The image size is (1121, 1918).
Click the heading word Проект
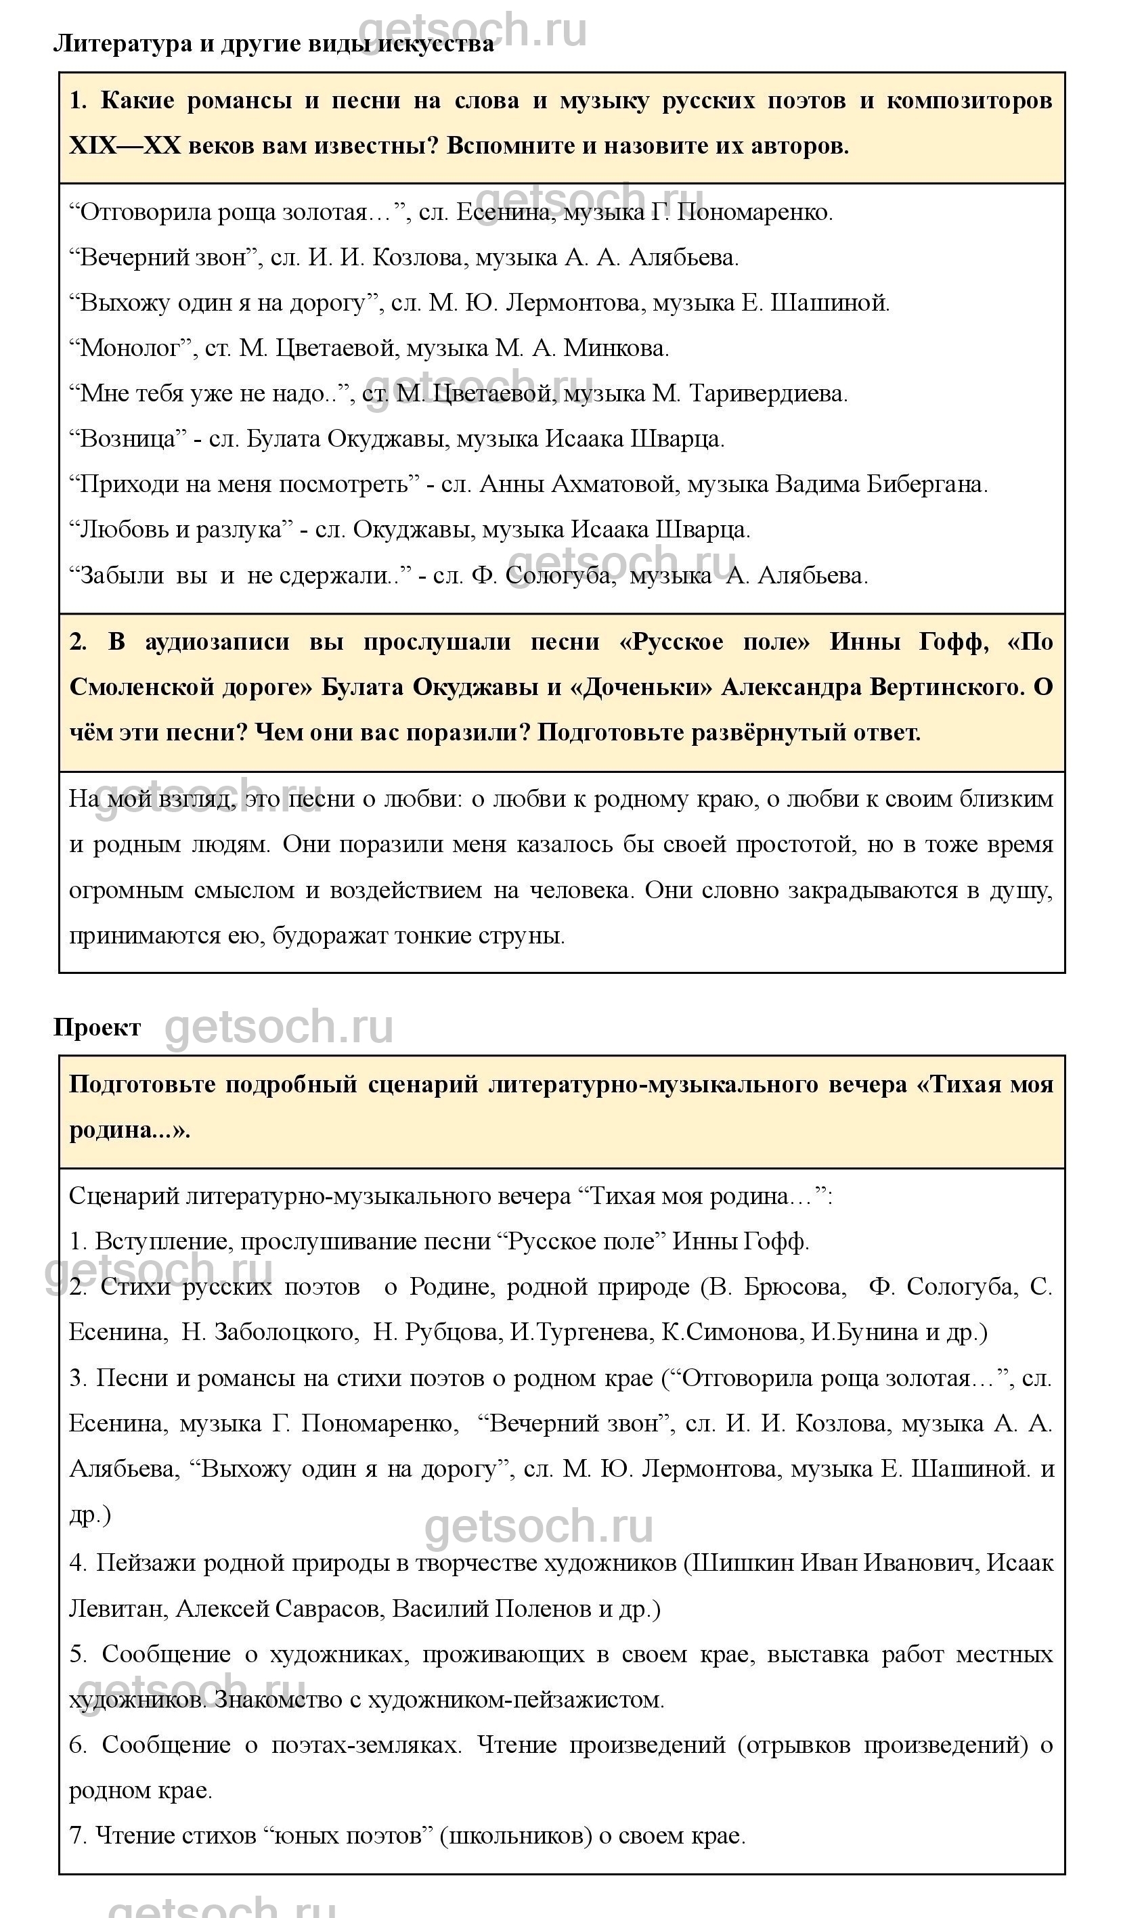click(x=97, y=1027)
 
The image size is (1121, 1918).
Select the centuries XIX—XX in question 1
click(x=125, y=146)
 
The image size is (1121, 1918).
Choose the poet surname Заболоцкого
click(x=284, y=1332)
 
